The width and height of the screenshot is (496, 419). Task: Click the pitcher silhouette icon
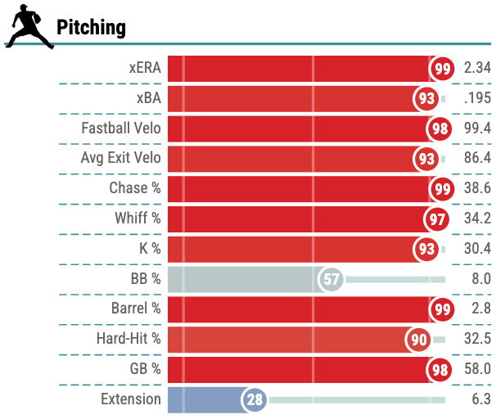[x=30, y=26]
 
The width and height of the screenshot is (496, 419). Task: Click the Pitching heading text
[x=91, y=28]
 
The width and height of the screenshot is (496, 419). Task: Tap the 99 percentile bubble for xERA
[x=442, y=69]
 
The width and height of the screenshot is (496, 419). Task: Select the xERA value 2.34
[x=477, y=68]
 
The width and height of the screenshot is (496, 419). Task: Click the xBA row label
[x=149, y=98]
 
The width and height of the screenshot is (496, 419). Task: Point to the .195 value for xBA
[x=477, y=98]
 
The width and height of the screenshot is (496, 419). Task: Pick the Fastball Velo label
[x=121, y=128]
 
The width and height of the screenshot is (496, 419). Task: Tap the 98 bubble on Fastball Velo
[x=440, y=129]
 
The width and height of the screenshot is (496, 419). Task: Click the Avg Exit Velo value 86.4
[x=477, y=158]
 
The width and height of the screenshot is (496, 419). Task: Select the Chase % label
[x=135, y=188]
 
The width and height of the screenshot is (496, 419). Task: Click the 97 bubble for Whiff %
[x=437, y=219]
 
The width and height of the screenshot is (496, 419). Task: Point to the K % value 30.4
[x=477, y=249]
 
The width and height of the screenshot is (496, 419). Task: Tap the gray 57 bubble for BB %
[x=331, y=279]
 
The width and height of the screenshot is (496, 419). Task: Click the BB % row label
[x=146, y=278]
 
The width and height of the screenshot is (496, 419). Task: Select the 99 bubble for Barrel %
[x=442, y=309]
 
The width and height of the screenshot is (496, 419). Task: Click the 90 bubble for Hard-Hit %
[x=418, y=340]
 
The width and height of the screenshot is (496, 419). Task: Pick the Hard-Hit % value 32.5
[x=477, y=339]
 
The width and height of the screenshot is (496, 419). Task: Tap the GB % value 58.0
[x=477, y=369]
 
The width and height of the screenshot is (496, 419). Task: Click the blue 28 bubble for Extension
[x=255, y=399]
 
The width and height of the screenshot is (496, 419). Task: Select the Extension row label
[x=131, y=399]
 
